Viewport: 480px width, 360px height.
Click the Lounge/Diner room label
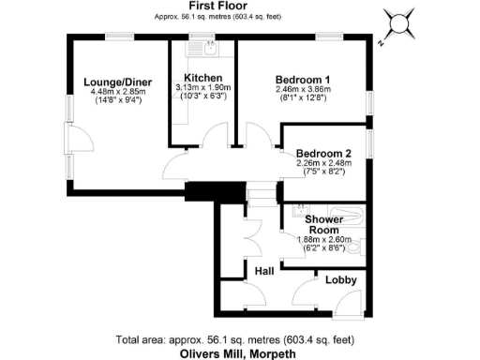tap(112, 82)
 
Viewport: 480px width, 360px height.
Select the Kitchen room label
tap(202, 78)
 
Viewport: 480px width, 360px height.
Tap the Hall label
tap(264, 270)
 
